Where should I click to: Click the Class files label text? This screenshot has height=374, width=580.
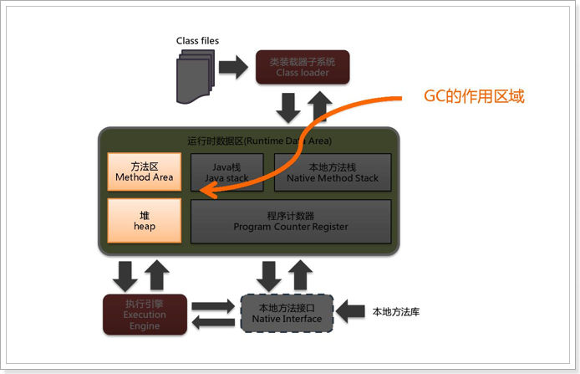coord(197,40)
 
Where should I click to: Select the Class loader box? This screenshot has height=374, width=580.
coord(302,67)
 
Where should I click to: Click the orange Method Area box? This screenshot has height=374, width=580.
coord(145,172)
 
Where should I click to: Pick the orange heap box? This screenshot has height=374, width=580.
coord(145,221)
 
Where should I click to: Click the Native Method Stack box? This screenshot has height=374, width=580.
coord(332,172)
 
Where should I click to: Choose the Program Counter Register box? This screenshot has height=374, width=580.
coord(291,221)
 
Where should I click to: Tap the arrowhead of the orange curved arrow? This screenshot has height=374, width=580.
coord(211,194)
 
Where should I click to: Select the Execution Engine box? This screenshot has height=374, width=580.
coord(145,314)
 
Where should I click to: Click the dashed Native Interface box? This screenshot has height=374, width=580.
coord(287,313)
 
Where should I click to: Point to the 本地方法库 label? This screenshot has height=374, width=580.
coord(395,312)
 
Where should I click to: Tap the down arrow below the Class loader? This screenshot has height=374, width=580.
coord(288,106)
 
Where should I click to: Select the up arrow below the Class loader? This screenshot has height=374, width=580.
coord(318,106)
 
